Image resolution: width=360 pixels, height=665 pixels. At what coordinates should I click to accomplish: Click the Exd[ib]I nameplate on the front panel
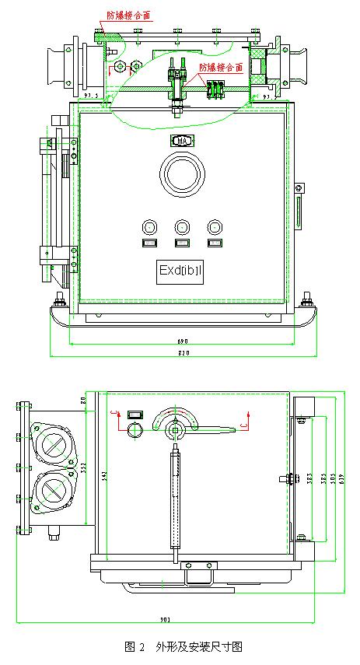click(180, 271)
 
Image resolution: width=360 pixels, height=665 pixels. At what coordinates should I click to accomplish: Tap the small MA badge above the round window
click(181, 141)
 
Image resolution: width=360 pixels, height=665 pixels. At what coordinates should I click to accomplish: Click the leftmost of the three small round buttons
click(149, 226)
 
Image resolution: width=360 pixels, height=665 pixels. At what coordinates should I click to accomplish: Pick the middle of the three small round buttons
click(181, 226)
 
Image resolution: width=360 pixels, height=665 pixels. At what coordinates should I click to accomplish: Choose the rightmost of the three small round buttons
click(214, 226)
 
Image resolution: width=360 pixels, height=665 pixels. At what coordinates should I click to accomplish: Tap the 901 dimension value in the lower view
click(165, 620)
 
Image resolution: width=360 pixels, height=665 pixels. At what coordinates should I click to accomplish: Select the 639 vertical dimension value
click(340, 476)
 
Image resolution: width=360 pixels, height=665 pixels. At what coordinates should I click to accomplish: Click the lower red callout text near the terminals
click(221, 67)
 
